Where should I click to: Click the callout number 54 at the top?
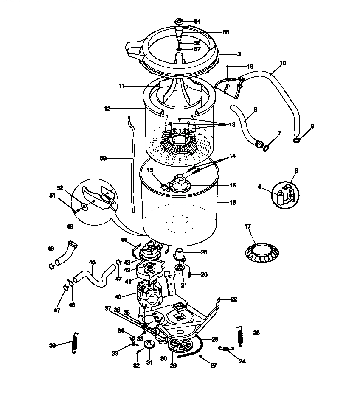[x=197, y=21]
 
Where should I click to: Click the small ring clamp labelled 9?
[x=296, y=140]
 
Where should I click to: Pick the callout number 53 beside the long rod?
[x=103, y=158]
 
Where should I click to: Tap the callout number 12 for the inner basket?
[x=107, y=109]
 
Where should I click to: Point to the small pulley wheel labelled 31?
[x=149, y=344]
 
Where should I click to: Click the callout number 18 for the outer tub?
[x=232, y=203]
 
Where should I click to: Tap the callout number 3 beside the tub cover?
[x=239, y=54]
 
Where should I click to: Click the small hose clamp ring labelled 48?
[x=51, y=266]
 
